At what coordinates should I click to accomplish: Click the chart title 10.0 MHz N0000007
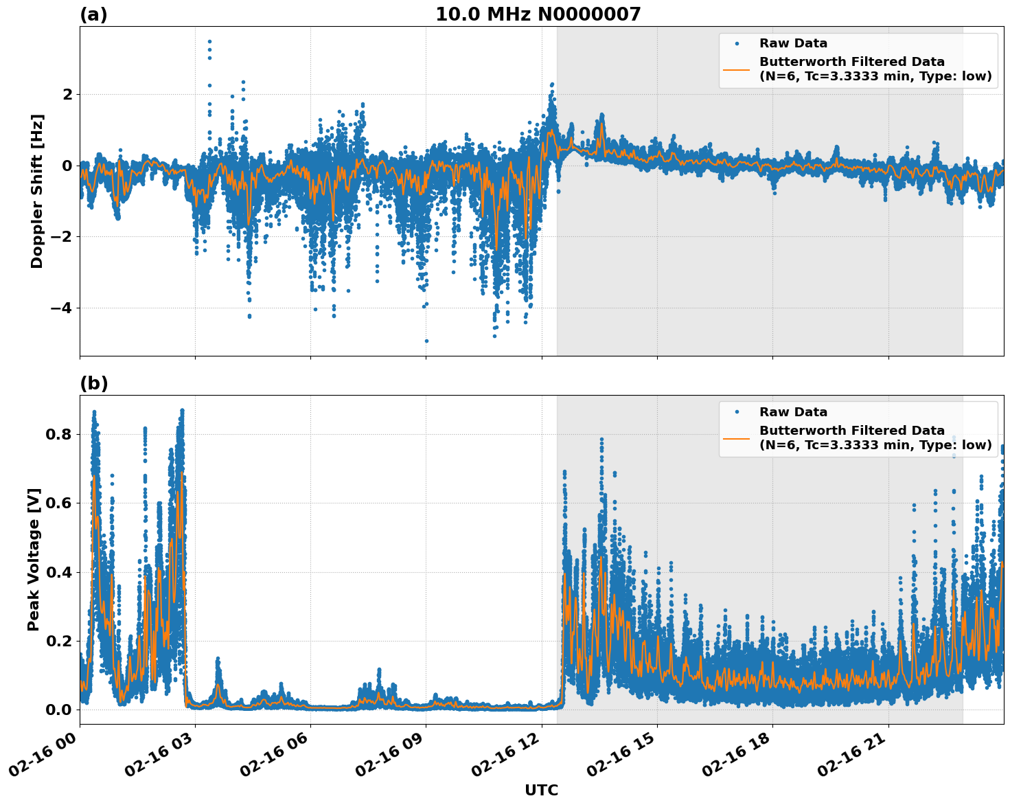click(538, 14)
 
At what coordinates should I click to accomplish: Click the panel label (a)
click(94, 14)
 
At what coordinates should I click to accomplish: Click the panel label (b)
click(94, 383)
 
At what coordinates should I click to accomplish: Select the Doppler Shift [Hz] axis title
click(37, 191)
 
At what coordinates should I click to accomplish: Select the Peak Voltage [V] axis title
click(34, 559)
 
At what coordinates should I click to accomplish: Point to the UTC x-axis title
click(541, 790)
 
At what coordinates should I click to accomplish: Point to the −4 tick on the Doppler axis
click(61, 308)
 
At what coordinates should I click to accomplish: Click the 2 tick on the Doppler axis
click(67, 94)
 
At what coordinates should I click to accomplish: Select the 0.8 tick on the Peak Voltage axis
click(59, 434)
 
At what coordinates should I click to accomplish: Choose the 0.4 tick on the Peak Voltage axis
click(59, 572)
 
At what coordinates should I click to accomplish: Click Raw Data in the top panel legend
click(793, 43)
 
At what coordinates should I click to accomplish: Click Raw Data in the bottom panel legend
click(793, 412)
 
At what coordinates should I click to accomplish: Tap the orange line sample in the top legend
click(736, 69)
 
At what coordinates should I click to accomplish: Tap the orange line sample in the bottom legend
click(736, 438)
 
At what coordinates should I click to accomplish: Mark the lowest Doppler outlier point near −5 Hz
click(426, 341)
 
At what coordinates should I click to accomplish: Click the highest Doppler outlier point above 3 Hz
click(209, 41)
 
